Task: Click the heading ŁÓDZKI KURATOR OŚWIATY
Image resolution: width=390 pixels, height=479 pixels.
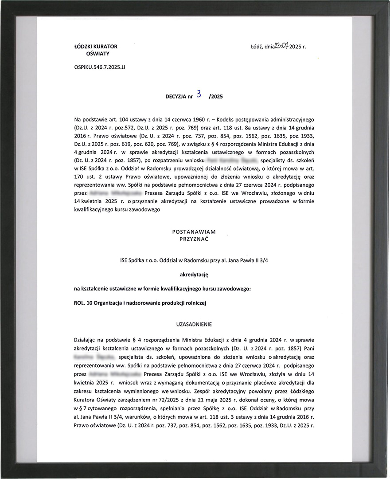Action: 96,50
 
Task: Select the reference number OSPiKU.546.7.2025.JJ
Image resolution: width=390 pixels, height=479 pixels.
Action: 100,69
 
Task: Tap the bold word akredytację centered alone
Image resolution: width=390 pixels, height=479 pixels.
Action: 194,275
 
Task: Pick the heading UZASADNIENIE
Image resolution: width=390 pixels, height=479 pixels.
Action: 194,324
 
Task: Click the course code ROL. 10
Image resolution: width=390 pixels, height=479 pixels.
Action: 85,303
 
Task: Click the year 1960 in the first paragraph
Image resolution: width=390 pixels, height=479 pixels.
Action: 181,120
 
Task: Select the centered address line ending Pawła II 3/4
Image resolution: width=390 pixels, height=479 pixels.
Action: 194,260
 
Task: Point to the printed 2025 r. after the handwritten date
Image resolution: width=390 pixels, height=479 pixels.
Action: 298,47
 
